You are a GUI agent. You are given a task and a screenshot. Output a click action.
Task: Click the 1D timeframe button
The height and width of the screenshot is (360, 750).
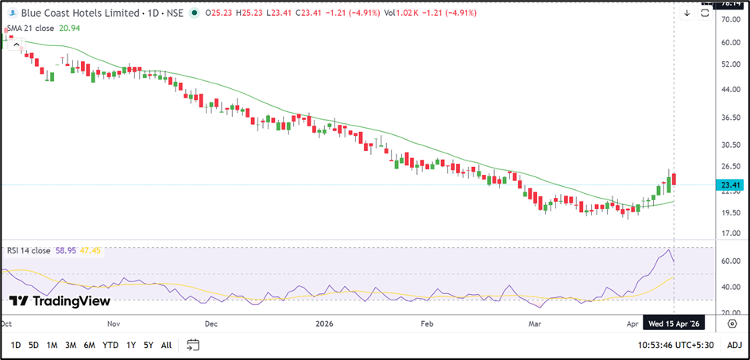click(16, 345)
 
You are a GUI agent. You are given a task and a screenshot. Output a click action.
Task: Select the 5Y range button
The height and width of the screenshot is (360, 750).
click(149, 345)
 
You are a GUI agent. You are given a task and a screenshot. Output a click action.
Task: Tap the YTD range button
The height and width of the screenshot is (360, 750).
click(110, 345)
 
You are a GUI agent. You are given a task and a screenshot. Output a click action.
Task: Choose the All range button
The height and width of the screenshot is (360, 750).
click(166, 345)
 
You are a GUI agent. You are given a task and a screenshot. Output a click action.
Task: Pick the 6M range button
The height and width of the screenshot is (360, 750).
click(90, 345)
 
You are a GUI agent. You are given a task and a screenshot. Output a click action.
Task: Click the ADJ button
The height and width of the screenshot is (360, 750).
click(734, 345)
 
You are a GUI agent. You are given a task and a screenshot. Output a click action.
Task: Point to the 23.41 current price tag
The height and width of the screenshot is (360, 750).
click(729, 185)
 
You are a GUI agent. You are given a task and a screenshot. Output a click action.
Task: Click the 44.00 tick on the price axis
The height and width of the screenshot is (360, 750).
click(729, 89)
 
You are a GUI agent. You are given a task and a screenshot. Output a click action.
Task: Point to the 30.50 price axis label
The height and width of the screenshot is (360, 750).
click(729, 145)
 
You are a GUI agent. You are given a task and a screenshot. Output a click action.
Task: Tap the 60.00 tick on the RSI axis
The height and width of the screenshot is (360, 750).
click(729, 261)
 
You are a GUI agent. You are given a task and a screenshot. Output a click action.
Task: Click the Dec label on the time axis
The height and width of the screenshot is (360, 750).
click(211, 324)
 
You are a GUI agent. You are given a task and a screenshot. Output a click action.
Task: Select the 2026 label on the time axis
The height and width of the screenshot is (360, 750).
click(324, 324)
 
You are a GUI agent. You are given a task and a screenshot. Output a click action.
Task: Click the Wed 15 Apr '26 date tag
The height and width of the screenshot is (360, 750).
click(674, 324)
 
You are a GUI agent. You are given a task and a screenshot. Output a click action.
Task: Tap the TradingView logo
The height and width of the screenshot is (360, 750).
click(60, 301)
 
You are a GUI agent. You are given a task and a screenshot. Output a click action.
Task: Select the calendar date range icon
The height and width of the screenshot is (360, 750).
click(192, 345)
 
